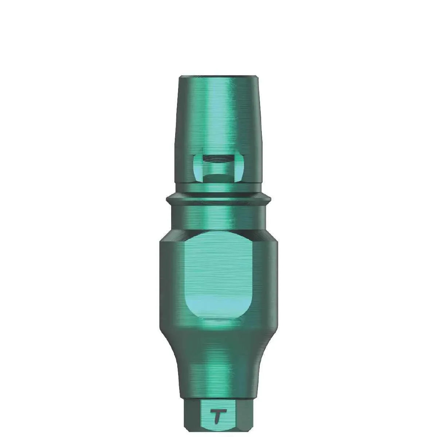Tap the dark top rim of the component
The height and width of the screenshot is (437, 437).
coord(219,77)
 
